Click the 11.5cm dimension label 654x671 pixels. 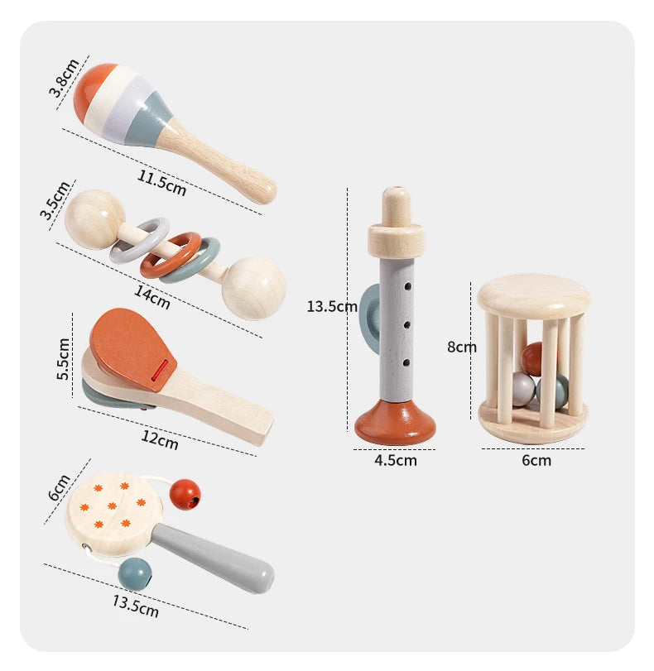[x=162, y=182]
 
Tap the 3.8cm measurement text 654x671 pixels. [x=64, y=78]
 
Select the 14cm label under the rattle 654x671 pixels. [x=151, y=296]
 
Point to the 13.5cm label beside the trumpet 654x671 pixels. [x=331, y=306]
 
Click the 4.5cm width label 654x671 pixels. [x=396, y=460]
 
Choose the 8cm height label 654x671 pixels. [x=462, y=347]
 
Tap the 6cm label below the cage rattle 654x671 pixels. [x=536, y=460]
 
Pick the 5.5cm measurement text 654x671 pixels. [x=64, y=359]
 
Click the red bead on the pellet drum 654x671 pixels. [x=185, y=495]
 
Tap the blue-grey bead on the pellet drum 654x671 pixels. [x=135, y=573]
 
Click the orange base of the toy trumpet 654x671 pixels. [x=395, y=423]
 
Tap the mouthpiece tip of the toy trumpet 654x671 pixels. [x=395, y=199]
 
